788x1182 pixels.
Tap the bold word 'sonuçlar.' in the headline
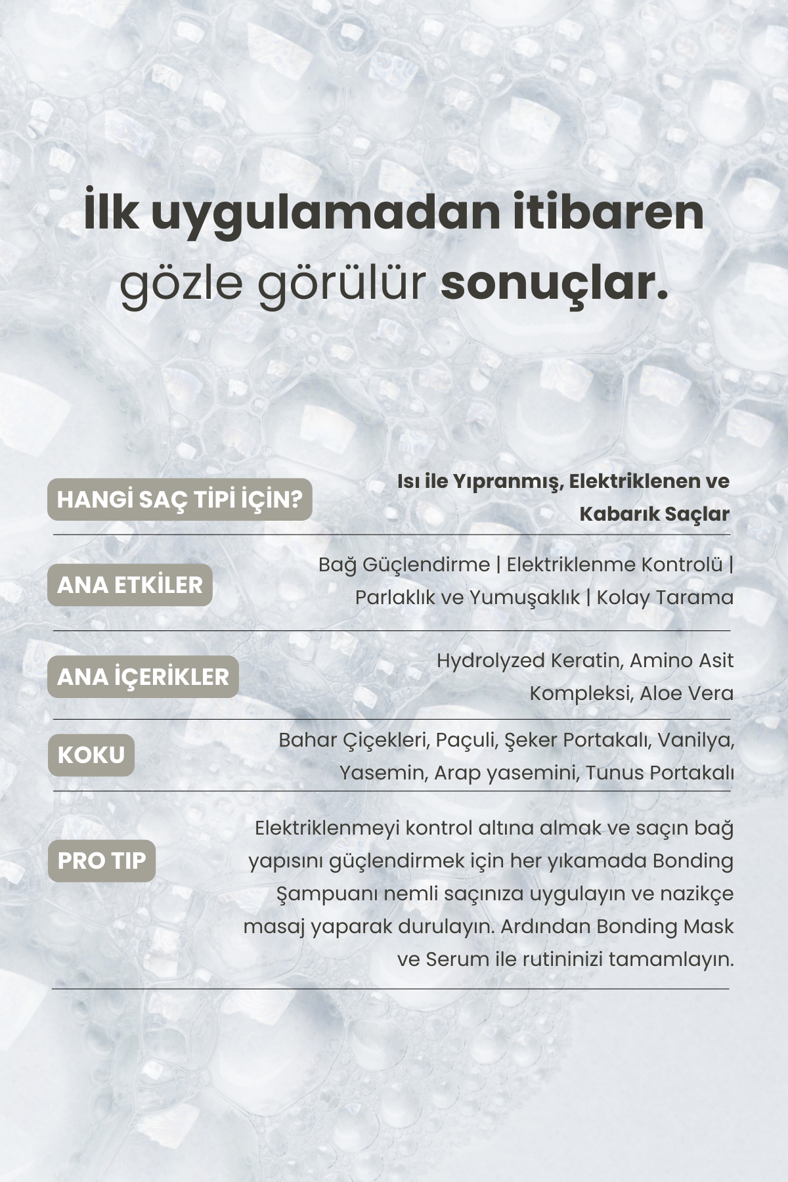point(554,284)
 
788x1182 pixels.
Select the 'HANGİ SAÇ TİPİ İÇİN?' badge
point(179,500)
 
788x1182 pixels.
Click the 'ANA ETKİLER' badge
point(130,585)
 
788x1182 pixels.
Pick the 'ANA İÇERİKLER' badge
point(142,677)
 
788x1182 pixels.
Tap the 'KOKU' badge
point(91,755)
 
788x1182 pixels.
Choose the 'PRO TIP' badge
point(102,861)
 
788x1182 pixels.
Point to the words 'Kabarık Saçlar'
point(654,514)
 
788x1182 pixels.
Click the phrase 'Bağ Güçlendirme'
point(404,565)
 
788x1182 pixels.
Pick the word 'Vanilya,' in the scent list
point(695,740)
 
